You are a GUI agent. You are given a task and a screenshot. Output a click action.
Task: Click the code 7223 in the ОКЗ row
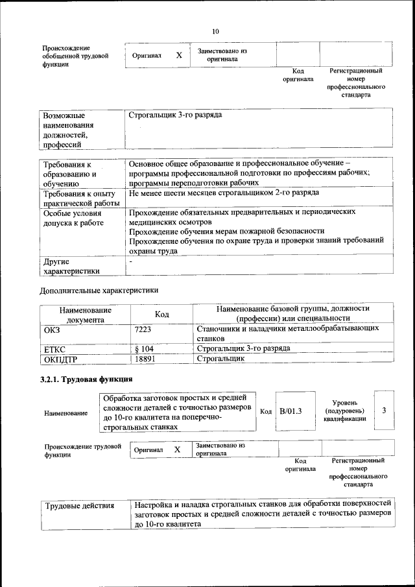142,329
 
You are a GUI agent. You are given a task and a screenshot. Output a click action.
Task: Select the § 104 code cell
144,348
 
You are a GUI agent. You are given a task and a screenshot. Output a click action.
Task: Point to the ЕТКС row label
56,348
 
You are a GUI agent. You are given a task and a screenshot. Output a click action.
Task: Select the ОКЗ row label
51,329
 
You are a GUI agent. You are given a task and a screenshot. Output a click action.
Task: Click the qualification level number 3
385,411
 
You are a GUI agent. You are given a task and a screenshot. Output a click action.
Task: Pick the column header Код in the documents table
161,314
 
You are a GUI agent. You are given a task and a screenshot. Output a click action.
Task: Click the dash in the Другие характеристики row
131,261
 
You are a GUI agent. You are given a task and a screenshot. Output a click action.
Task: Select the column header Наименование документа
85,315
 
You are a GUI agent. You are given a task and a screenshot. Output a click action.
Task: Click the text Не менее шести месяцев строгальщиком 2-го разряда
223,193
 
